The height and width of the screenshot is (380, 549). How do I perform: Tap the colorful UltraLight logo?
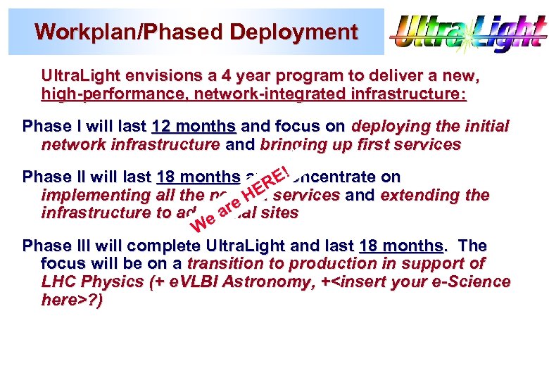point(468,32)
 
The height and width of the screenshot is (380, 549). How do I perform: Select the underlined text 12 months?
point(194,127)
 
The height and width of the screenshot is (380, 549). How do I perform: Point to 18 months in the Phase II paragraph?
point(198,177)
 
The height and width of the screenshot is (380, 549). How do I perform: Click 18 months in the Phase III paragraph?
point(401,246)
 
